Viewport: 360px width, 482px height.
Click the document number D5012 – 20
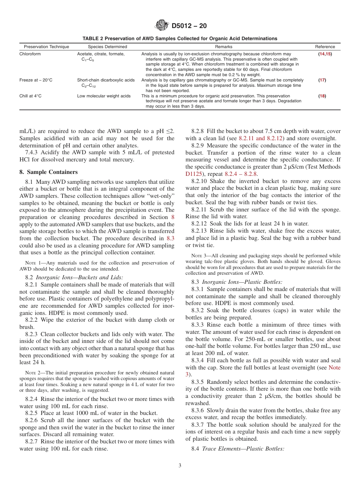189,26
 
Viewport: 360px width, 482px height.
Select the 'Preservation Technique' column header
47,47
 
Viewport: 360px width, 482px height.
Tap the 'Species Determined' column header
108,47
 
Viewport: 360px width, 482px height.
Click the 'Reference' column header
325,47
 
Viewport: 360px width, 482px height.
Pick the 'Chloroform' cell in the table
30,54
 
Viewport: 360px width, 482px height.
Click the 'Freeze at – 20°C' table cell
36,80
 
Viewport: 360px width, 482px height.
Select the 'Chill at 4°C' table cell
31,96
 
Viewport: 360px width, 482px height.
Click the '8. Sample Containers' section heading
48,172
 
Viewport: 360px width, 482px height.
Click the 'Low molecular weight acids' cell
104,96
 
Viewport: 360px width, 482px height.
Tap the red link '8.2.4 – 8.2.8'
241,174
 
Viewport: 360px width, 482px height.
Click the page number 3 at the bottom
180,466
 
